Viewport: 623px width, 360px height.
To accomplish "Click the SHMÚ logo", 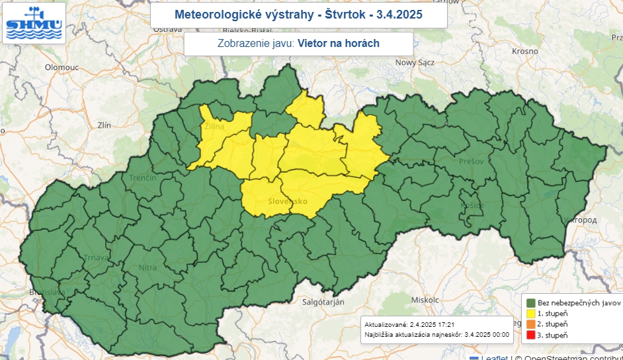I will tap(34, 23).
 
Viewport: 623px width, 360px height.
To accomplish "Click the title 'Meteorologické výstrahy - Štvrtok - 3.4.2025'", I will tap(298, 14).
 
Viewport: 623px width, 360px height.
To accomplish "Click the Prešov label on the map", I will tap(472, 161).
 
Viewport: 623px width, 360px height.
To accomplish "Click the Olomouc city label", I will tap(62, 67).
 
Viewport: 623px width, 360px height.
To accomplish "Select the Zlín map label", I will tap(104, 124).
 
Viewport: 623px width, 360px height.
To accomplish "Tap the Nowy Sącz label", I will tap(414, 63).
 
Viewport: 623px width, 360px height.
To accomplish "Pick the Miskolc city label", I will tap(425, 299).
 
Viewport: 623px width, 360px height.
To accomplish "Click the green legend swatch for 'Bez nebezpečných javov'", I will tap(530, 302).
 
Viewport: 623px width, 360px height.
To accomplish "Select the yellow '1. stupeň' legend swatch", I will tap(530, 313).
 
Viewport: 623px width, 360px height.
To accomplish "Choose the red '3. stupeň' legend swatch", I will tap(530, 336).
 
